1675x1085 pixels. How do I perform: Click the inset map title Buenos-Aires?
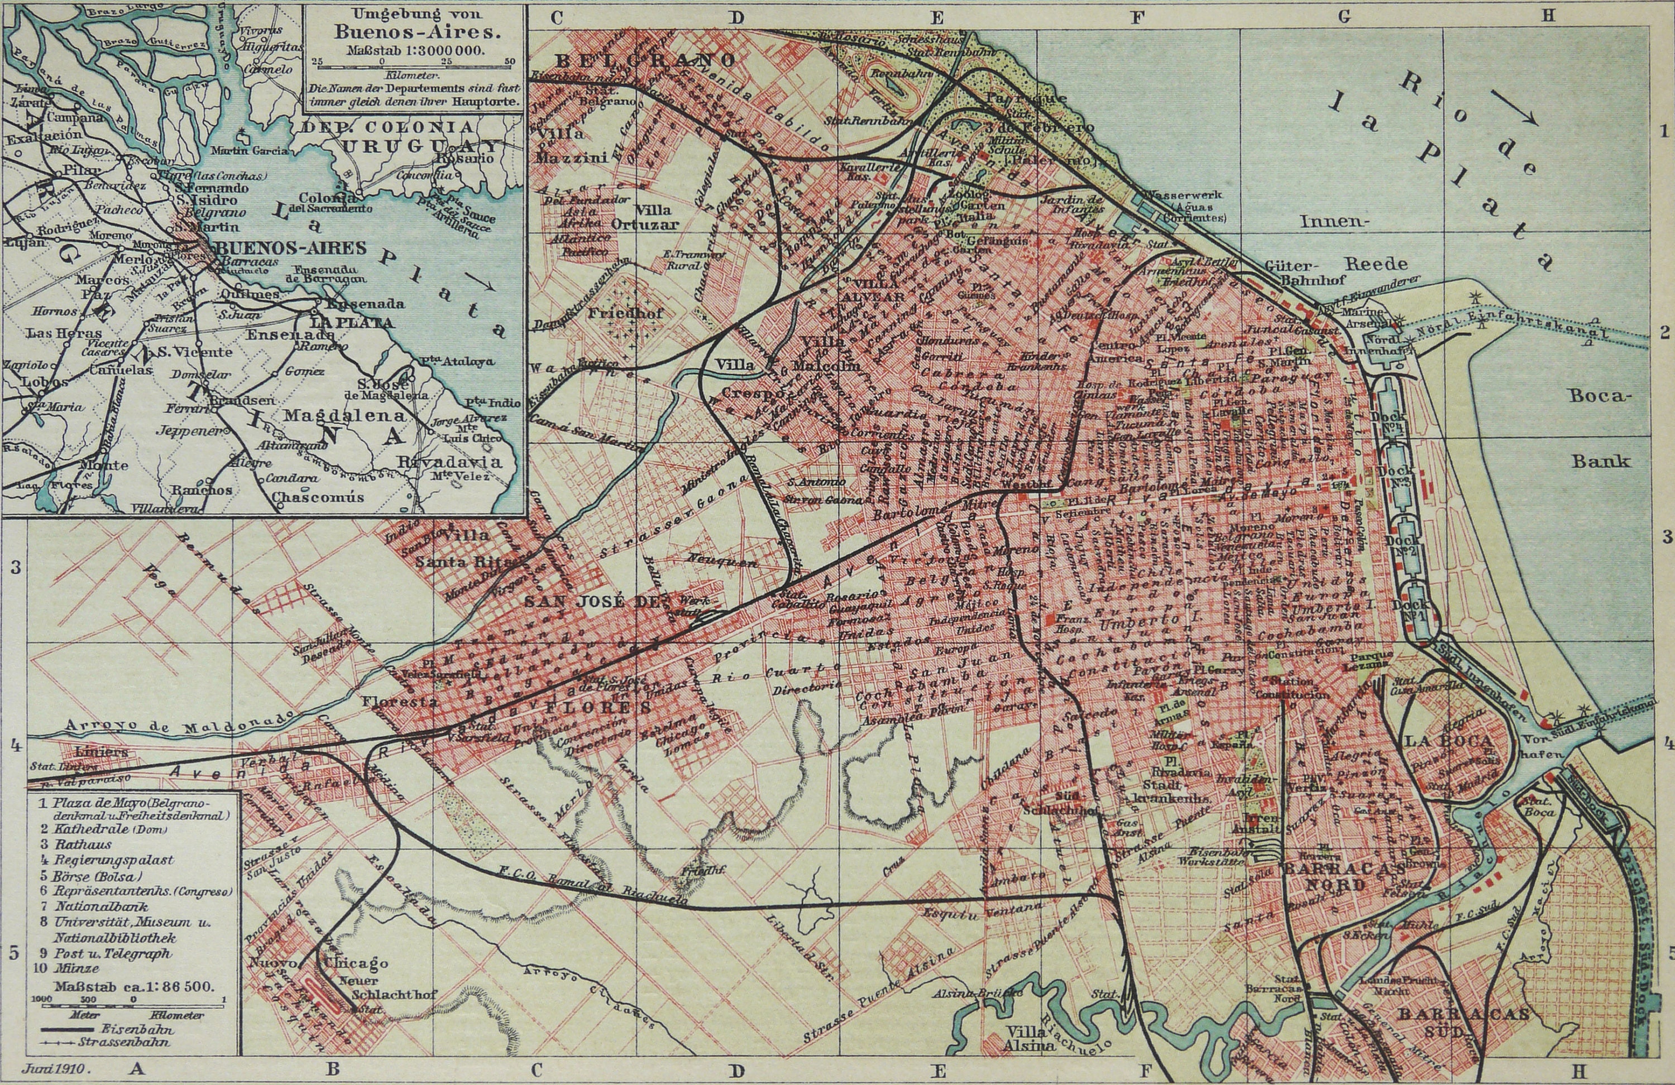415,31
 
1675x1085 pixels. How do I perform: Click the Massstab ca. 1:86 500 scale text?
133,986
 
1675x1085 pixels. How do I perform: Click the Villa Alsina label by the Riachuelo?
1030,1039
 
